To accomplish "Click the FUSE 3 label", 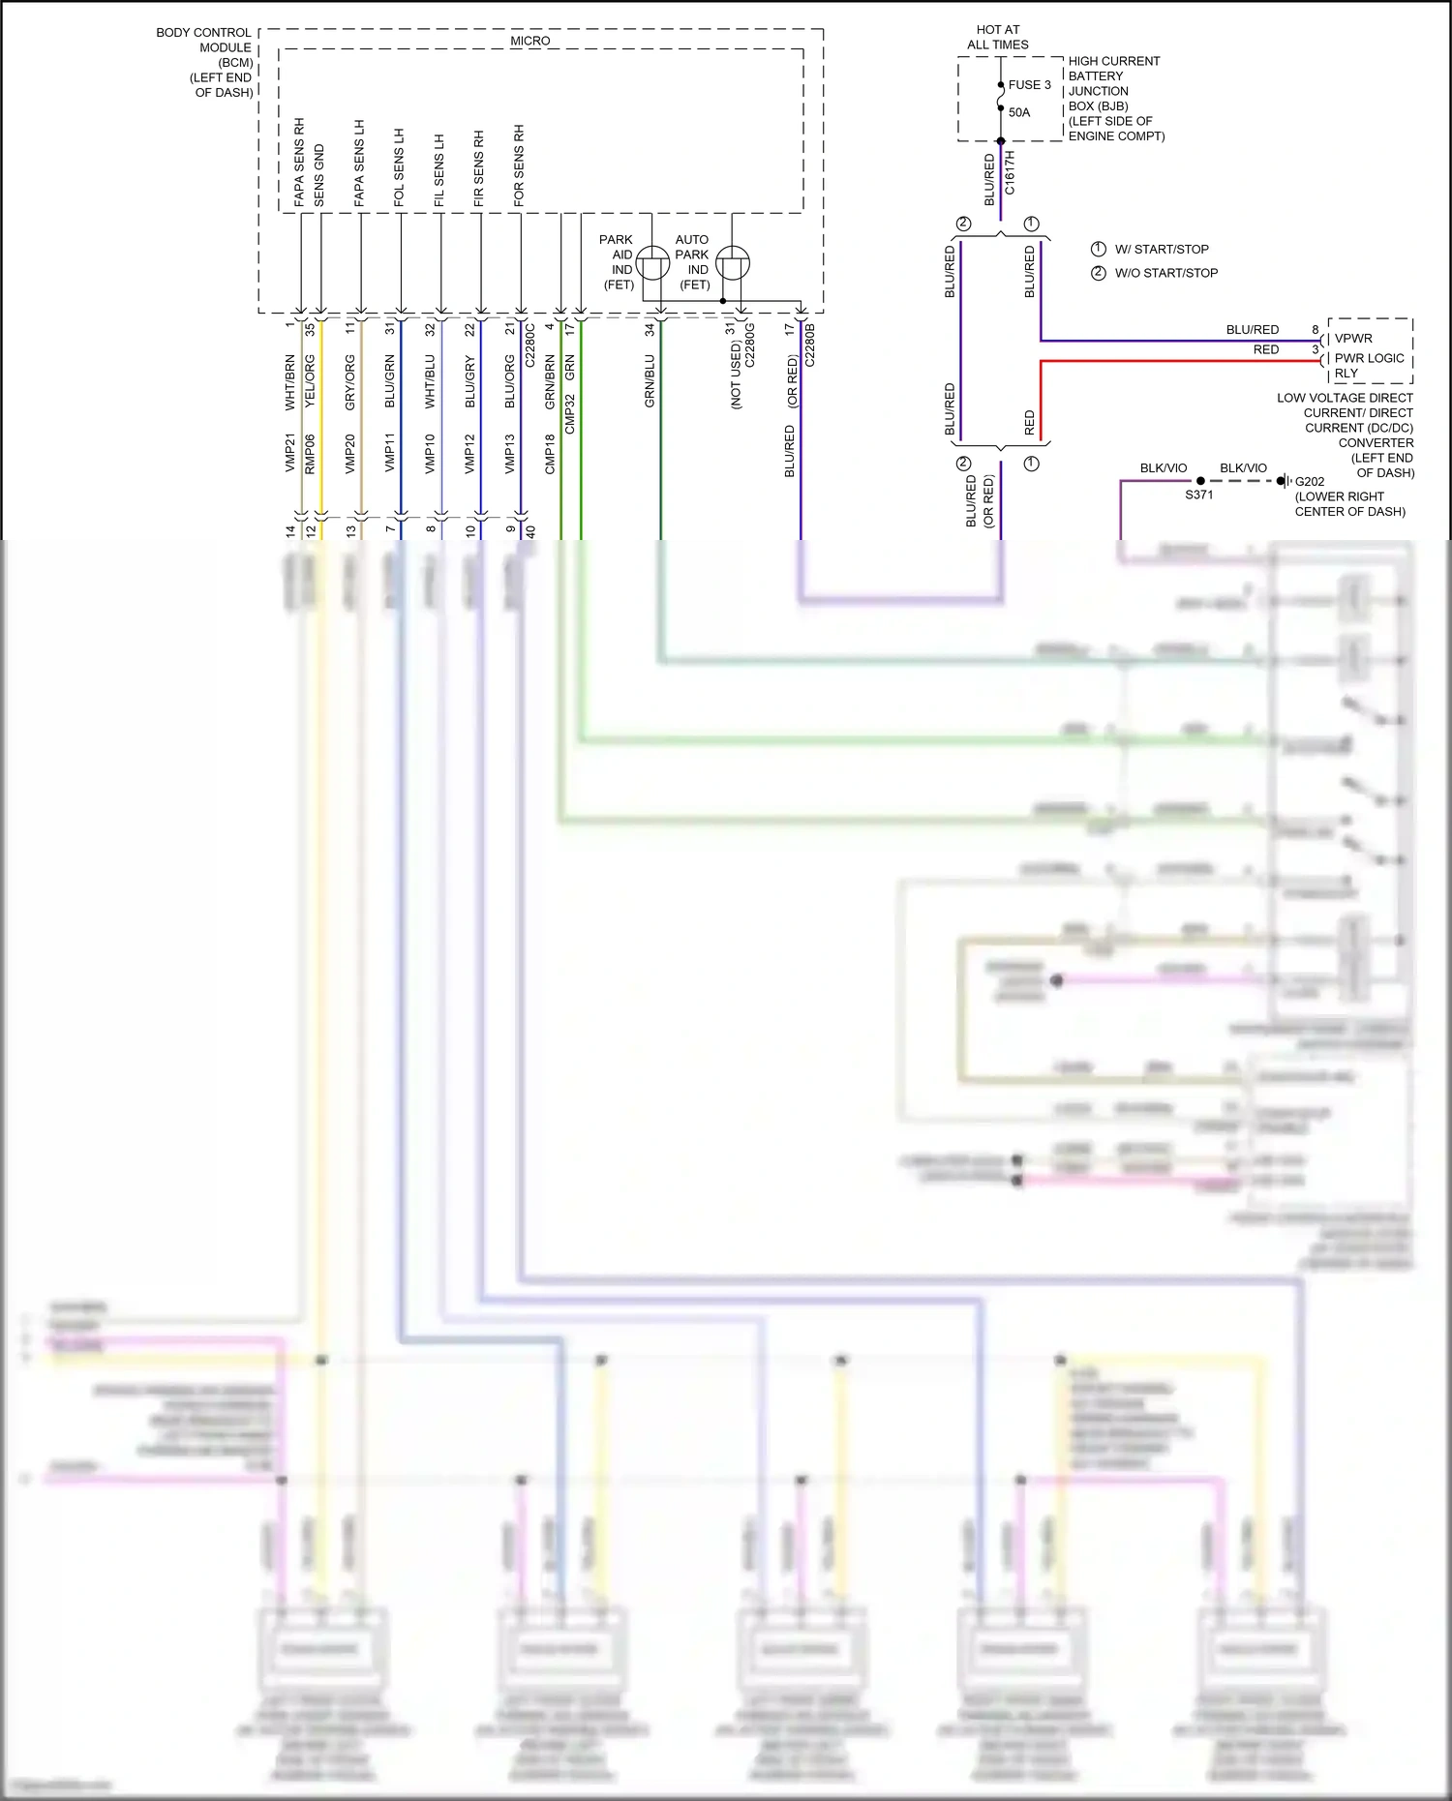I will tap(1029, 85).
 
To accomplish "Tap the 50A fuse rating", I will tap(1019, 112).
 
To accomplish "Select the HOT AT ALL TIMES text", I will tap(998, 37).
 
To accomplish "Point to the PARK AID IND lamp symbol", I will tap(653, 262).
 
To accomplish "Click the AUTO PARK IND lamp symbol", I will tap(733, 262).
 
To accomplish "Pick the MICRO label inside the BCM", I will tap(529, 41).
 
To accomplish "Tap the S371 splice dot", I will tap(1200, 481).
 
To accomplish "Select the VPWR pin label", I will tap(1353, 339).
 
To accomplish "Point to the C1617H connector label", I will tap(1010, 172).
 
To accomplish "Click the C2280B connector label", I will tap(810, 345).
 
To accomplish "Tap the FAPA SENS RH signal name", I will tap(299, 162).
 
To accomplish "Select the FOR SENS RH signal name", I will tap(519, 165).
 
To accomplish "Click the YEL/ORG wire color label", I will tap(310, 380).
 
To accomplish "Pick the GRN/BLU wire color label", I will tap(650, 380).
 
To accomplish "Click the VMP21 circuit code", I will tap(289, 453).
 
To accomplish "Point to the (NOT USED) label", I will tap(736, 375).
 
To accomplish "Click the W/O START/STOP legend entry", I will tap(1165, 273).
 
